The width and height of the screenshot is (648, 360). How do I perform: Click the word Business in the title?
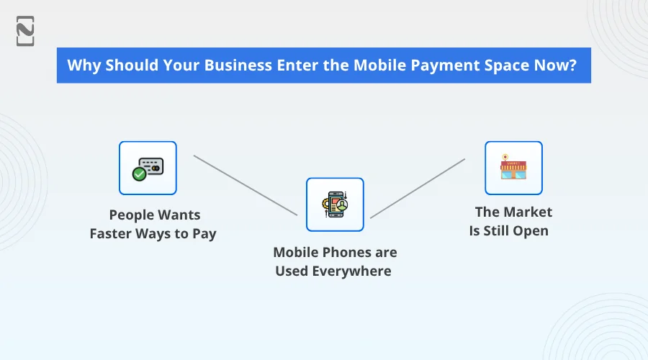pos(238,65)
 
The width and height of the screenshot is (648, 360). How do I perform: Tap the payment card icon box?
pos(148,168)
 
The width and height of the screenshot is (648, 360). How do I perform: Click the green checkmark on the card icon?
pos(140,174)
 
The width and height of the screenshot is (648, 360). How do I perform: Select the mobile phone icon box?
pos(335,204)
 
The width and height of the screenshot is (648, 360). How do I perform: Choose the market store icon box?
pos(513,168)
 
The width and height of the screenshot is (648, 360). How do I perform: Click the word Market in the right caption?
pos(528,212)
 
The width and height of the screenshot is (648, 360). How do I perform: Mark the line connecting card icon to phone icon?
pos(245,185)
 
